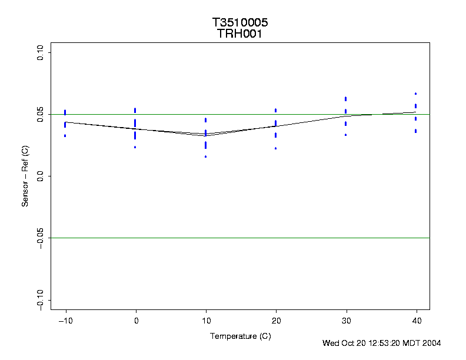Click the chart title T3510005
click(240, 23)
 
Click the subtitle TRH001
click(240, 34)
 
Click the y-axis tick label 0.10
click(41, 53)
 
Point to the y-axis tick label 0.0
click(41, 176)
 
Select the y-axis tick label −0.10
click(41, 299)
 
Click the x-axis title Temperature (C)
click(240, 336)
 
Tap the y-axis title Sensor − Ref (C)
click(25, 176)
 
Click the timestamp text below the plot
click(381, 343)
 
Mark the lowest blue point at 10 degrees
click(205, 156)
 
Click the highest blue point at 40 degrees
click(415, 94)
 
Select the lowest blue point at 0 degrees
click(135, 147)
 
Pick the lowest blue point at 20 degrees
click(275, 148)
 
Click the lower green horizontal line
click(240, 238)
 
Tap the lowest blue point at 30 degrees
click(345, 135)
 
